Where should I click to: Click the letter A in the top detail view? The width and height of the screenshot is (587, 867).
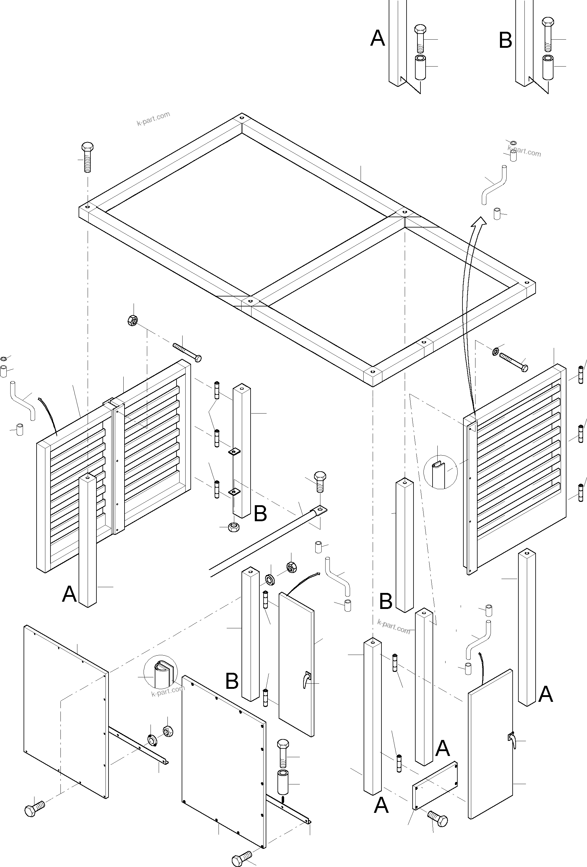[x=377, y=38]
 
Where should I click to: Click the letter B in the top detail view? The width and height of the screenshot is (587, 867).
[x=505, y=40]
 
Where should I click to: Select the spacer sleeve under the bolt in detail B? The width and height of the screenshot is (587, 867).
[x=548, y=67]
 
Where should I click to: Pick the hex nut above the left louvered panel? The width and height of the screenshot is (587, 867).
[x=133, y=320]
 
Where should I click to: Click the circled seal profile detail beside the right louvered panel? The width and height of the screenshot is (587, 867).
[x=440, y=472]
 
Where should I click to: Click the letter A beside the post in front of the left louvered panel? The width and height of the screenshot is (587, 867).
[x=69, y=594]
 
